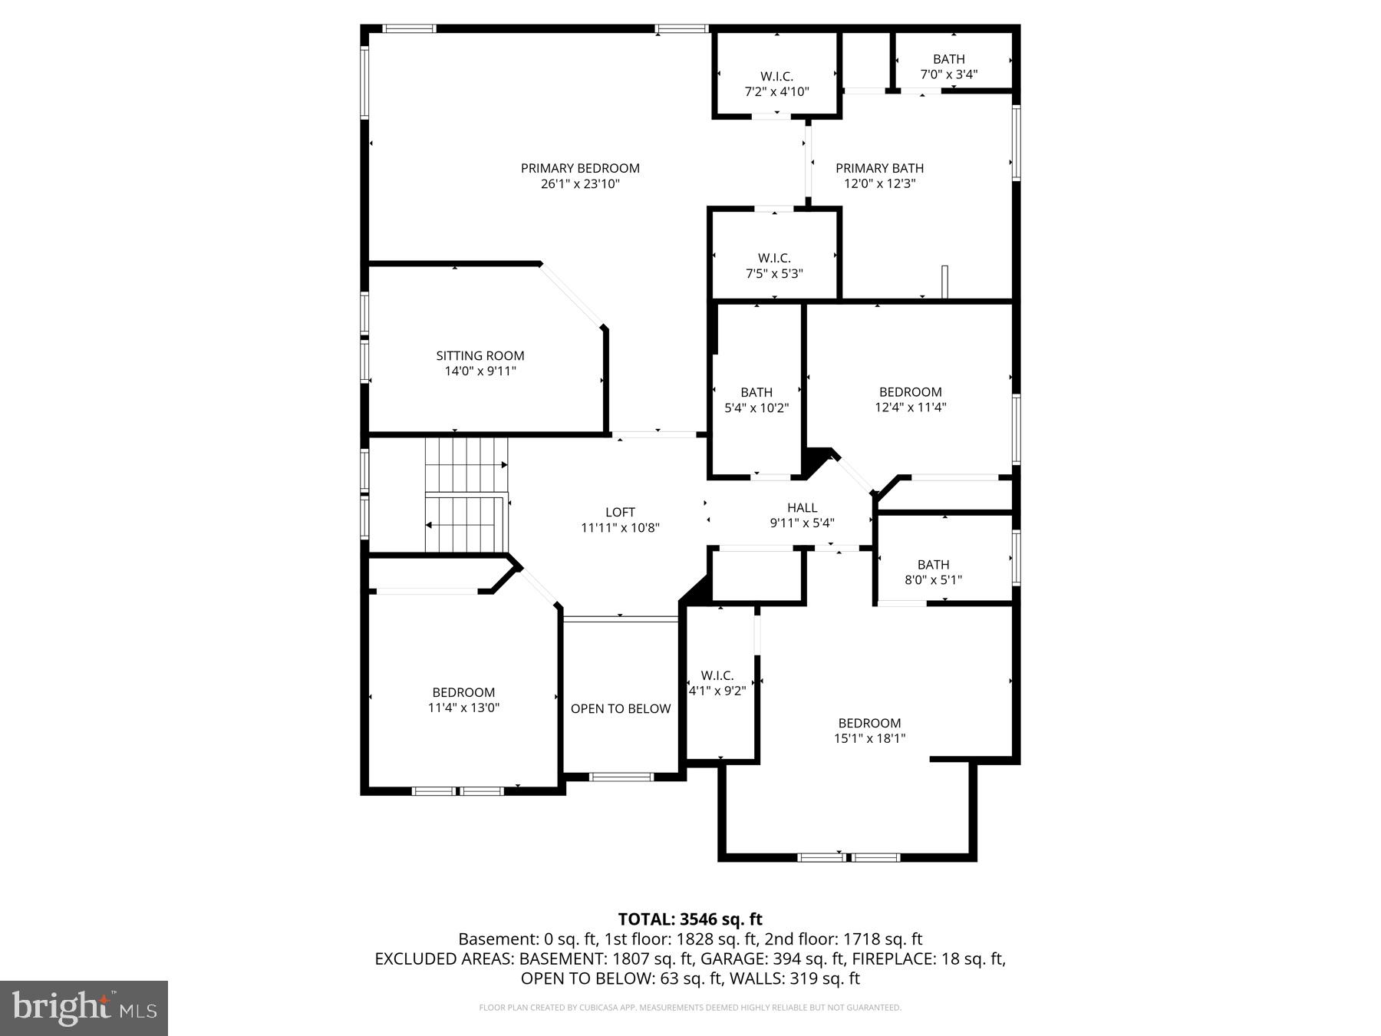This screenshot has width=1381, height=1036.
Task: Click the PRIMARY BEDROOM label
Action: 580,168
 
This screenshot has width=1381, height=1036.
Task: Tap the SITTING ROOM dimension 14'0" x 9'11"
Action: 480,371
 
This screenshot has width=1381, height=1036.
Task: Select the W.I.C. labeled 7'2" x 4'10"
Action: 776,84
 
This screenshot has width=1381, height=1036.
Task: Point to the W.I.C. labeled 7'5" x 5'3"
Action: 774,266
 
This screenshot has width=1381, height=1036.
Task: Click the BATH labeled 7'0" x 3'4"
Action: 949,67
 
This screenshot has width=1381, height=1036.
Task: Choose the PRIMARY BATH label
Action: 879,168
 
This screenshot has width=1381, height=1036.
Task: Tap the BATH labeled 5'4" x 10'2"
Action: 756,400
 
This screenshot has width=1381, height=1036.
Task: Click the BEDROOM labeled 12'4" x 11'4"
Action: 910,399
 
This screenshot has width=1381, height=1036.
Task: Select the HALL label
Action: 802,507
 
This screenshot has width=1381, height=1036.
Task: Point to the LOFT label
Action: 620,512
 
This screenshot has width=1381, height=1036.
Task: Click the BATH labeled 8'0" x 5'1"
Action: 933,572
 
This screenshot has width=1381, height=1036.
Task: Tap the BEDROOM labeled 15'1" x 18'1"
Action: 869,731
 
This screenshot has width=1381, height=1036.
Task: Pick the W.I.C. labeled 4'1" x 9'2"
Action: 717,682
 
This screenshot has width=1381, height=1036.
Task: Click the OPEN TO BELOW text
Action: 621,708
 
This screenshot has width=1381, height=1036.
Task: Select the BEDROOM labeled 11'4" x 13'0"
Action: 463,700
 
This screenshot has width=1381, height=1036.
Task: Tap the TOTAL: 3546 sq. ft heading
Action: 690,919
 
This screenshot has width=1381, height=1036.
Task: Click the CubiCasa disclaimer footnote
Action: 690,1008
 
